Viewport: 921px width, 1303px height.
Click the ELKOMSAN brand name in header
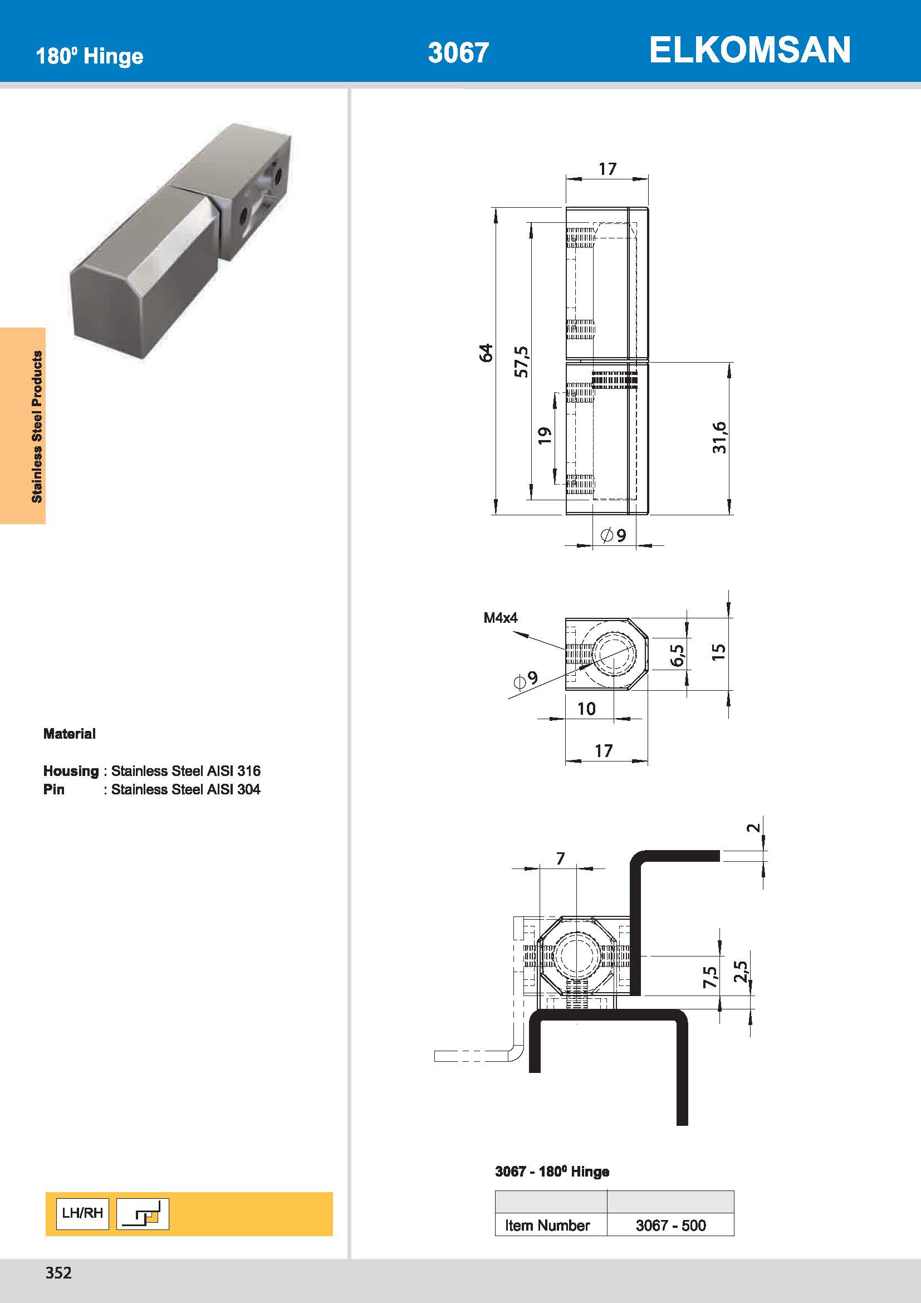point(749,50)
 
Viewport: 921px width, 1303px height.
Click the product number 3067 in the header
point(458,53)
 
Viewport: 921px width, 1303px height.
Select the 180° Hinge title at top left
point(90,56)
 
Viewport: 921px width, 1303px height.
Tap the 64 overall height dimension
point(486,353)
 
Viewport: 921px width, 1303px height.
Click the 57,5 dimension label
point(521,362)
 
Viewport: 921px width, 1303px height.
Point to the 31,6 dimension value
point(719,437)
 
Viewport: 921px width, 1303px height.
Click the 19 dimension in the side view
point(544,435)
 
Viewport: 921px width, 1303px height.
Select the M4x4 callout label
point(500,617)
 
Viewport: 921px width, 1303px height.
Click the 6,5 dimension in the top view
point(677,656)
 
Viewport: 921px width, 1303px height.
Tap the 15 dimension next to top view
point(718,652)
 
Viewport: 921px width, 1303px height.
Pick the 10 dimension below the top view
point(586,709)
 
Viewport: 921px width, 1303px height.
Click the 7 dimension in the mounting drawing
point(560,858)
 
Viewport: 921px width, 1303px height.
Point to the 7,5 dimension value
point(709,977)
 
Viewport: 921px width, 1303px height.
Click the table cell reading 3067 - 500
point(670,1225)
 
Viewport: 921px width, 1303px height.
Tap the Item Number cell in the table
point(547,1225)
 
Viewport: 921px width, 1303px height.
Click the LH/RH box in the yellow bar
point(83,1213)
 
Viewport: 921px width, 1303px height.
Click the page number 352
point(58,1272)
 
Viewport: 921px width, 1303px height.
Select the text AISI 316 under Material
point(234,770)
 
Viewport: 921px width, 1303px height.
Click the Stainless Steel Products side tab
point(37,426)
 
